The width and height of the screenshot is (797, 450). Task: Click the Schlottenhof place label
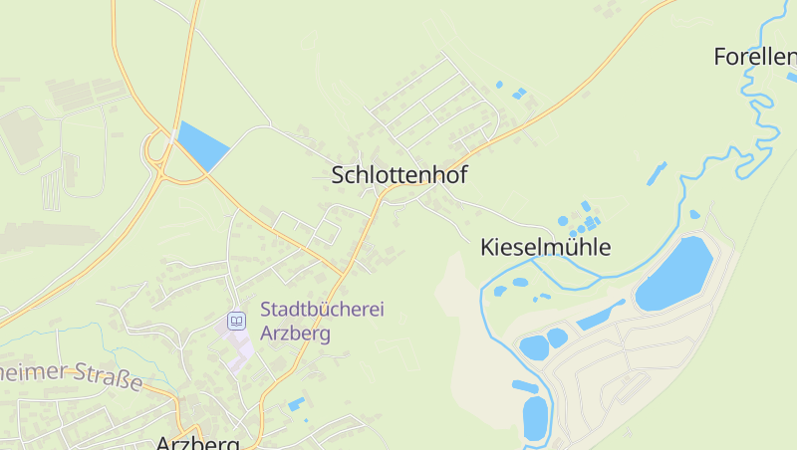point(398,175)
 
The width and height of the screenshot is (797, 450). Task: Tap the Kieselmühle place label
point(545,247)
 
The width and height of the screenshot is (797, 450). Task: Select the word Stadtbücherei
point(322,310)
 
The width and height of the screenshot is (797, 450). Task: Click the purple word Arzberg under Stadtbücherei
point(295,334)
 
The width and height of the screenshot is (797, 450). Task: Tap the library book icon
point(236,321)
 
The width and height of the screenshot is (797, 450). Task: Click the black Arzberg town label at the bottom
point(198,442)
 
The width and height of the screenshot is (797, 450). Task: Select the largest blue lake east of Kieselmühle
point(674,274)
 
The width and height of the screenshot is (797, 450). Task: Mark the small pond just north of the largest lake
point(694,214)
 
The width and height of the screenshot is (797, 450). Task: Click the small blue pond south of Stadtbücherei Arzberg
point(296,404)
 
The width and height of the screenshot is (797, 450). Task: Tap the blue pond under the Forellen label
point(792,77)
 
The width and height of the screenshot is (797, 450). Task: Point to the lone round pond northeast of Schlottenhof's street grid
point(499,86)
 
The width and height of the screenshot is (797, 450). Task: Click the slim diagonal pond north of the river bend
point(656,173)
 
